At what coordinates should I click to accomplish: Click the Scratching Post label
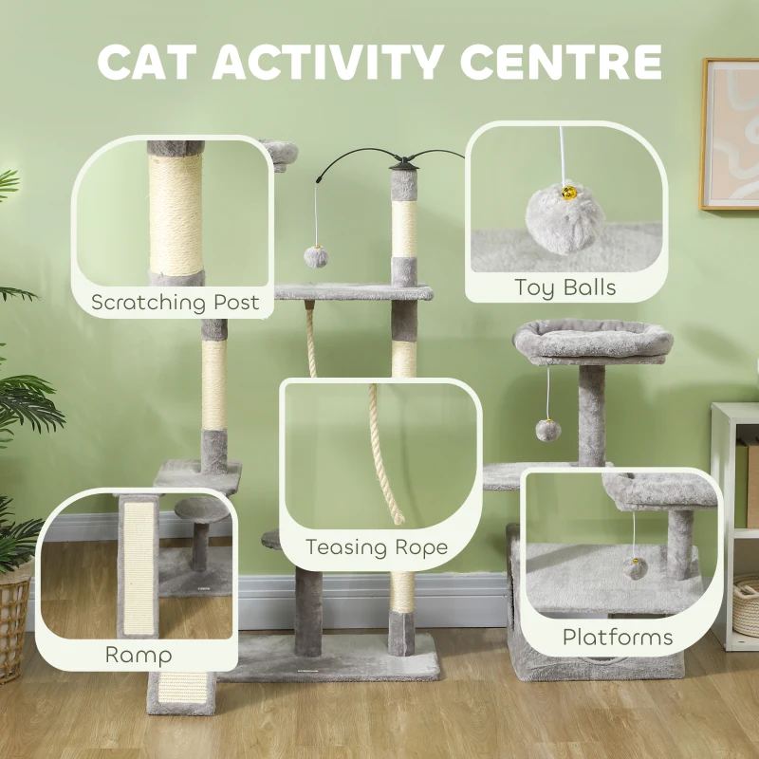coord(175,303)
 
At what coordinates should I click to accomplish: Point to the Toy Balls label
coord(565,287)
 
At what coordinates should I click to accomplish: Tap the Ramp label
coord(139,655)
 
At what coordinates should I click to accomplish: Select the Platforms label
coord(618,637)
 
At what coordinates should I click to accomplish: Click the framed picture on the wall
coord(731,133)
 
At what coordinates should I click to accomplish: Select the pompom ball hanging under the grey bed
coord(547,430)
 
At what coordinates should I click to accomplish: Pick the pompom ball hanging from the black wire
coord(316,256)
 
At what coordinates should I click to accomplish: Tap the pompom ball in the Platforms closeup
coord(635,567)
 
